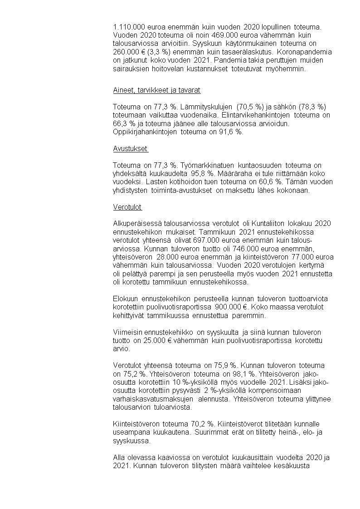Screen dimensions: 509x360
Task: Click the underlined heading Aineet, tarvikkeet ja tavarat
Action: point(156,90)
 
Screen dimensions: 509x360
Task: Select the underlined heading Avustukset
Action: point(130,148)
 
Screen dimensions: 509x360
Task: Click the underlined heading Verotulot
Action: point(127,207)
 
